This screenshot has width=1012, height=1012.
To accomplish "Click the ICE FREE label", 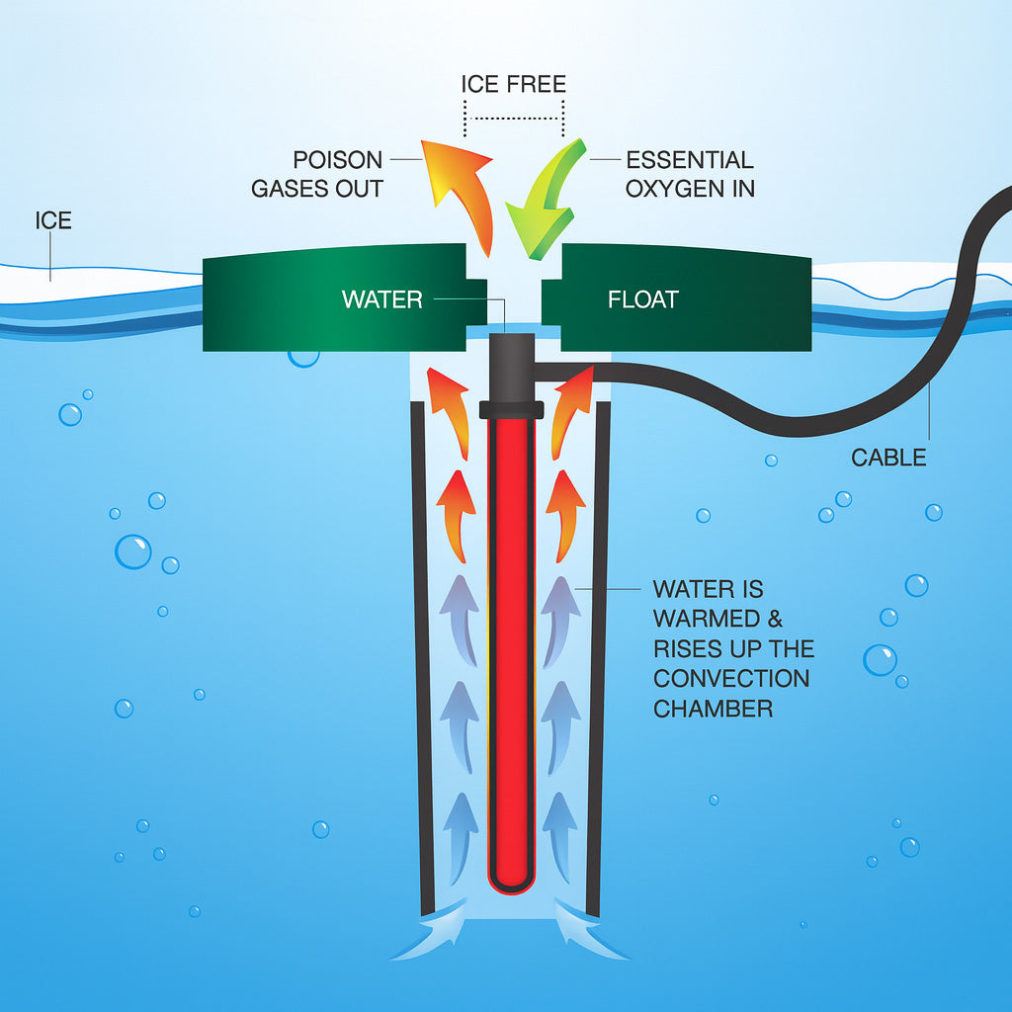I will pos(513,84).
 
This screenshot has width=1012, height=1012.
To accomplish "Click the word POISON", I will pos(337,160).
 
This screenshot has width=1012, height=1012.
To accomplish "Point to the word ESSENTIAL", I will pos(690,160).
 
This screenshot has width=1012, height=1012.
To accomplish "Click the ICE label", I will pos(53,219).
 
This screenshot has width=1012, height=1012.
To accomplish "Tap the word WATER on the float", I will pos(381,299).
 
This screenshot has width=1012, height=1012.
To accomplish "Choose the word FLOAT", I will pos(643,299).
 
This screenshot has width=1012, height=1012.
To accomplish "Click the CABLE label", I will pos(889,458).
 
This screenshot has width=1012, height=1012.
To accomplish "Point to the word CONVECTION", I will pos(731,679).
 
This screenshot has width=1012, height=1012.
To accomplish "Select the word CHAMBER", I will pos(714,709).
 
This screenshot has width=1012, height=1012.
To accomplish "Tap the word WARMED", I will pos(709,620).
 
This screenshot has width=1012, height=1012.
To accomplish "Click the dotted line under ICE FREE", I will pos(514,117).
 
